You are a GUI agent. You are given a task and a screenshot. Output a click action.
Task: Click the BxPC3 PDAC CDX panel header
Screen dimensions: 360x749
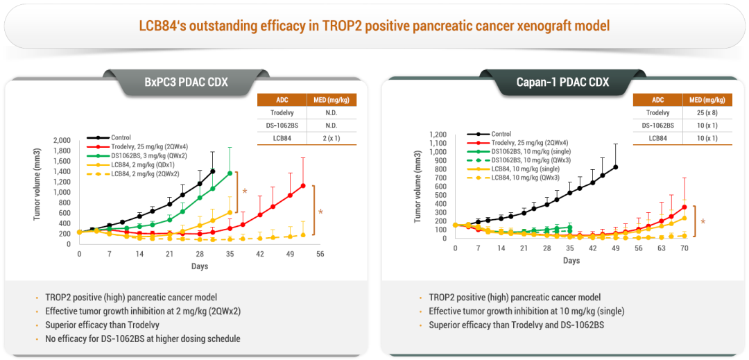point(186,82)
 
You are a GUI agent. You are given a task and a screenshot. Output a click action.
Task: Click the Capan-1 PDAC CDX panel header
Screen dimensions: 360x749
point(562,82)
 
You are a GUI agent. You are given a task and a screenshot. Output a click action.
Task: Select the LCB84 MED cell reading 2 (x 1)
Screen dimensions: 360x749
point(332,139)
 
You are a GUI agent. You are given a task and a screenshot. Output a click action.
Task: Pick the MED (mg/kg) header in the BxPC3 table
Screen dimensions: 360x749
point(332,100)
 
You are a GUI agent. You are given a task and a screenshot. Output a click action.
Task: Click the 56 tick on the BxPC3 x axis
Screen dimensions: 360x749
point(320,255)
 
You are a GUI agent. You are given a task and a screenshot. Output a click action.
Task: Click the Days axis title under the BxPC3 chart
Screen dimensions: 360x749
point(200,266)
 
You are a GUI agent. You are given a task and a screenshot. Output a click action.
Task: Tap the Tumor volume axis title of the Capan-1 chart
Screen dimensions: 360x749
point(418,187)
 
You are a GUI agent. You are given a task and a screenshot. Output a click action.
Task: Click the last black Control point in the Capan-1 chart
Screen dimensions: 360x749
point(615,166)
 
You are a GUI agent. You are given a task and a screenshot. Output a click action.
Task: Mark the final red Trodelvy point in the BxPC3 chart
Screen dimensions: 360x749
point(303,185)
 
